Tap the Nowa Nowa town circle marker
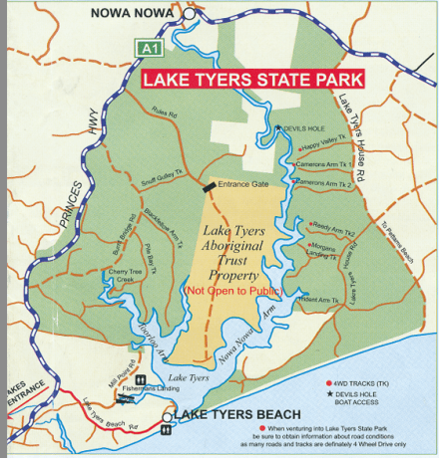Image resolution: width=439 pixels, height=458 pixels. pyautogui.click(x=190, y=14)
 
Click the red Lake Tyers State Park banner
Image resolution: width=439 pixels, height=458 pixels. pyautogui.click(x=252, y=78)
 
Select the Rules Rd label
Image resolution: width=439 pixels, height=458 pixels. pyautogui.click(x=164, y=113)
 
